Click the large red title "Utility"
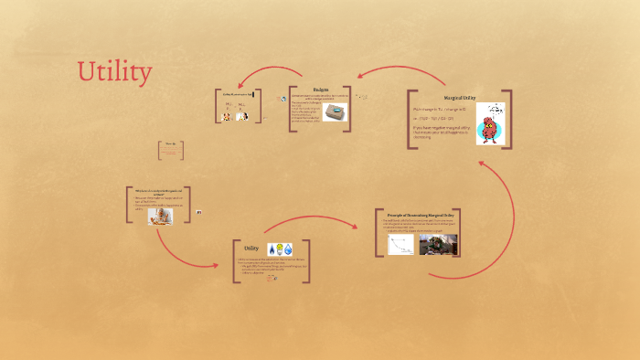click(x=114, y=71)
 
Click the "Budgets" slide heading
click(x=321, y=90)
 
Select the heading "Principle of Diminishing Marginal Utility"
click(x=416, y=215)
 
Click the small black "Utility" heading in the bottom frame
click(x=251, y=248)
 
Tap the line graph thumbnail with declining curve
click(x=400, y=244)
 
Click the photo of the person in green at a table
click(x=436, y=244)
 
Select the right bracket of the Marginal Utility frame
click(x=508, y=119)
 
